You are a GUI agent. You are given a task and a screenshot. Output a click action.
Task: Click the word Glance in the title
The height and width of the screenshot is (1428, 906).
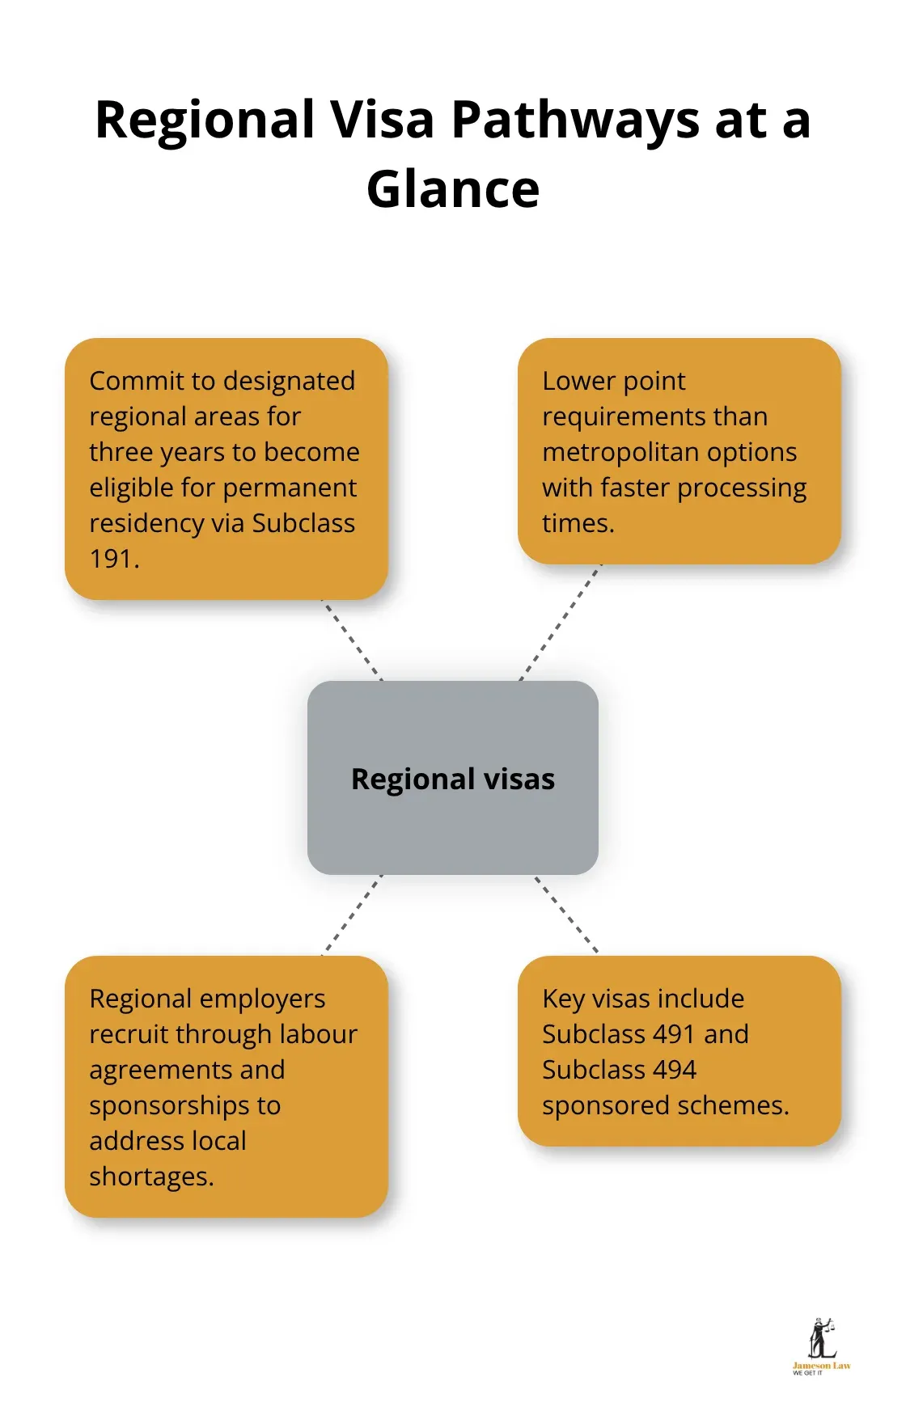point(453,189)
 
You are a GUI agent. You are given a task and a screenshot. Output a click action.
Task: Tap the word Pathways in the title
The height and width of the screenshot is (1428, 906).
point(575,120)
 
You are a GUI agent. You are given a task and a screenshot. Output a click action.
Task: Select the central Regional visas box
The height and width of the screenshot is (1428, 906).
point(453,778)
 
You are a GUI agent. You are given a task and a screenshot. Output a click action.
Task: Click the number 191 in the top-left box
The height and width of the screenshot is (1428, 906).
point(111,559)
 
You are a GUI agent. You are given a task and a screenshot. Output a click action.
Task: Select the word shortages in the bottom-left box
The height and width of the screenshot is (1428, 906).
point(150,1177)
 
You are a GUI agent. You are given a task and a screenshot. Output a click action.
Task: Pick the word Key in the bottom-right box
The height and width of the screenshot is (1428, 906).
point(563,999)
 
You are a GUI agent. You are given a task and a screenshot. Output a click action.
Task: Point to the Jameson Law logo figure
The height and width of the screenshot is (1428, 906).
point(821,1338)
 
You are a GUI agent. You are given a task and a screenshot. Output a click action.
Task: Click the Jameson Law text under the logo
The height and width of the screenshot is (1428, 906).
point(821,1366)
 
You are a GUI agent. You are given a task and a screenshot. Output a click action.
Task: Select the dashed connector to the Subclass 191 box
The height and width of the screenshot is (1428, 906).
point(353,640)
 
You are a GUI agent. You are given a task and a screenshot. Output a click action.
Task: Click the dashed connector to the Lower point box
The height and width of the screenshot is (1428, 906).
point(560,623)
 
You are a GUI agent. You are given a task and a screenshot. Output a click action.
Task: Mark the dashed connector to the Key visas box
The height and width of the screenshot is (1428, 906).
point(566,915)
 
